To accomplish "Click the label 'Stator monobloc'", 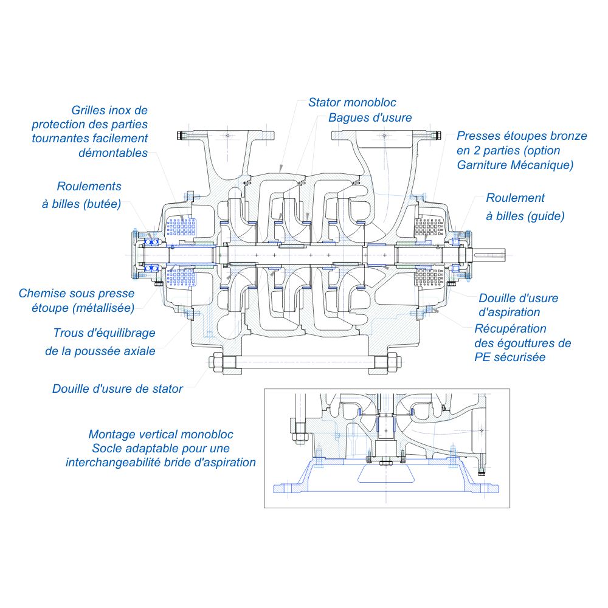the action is point(352,102).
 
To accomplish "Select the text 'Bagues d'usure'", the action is point(370,117).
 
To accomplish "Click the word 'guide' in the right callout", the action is point(545,216).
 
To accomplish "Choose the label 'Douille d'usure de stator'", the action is point(117,389).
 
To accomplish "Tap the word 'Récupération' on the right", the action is point(510,329).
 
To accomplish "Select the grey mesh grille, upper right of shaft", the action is point(429,227).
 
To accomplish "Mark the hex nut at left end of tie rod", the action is point(216,362).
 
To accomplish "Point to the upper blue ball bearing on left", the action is point(151,242).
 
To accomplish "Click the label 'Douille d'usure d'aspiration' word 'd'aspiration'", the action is point(509,312).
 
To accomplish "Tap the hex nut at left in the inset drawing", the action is point(299,437).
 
